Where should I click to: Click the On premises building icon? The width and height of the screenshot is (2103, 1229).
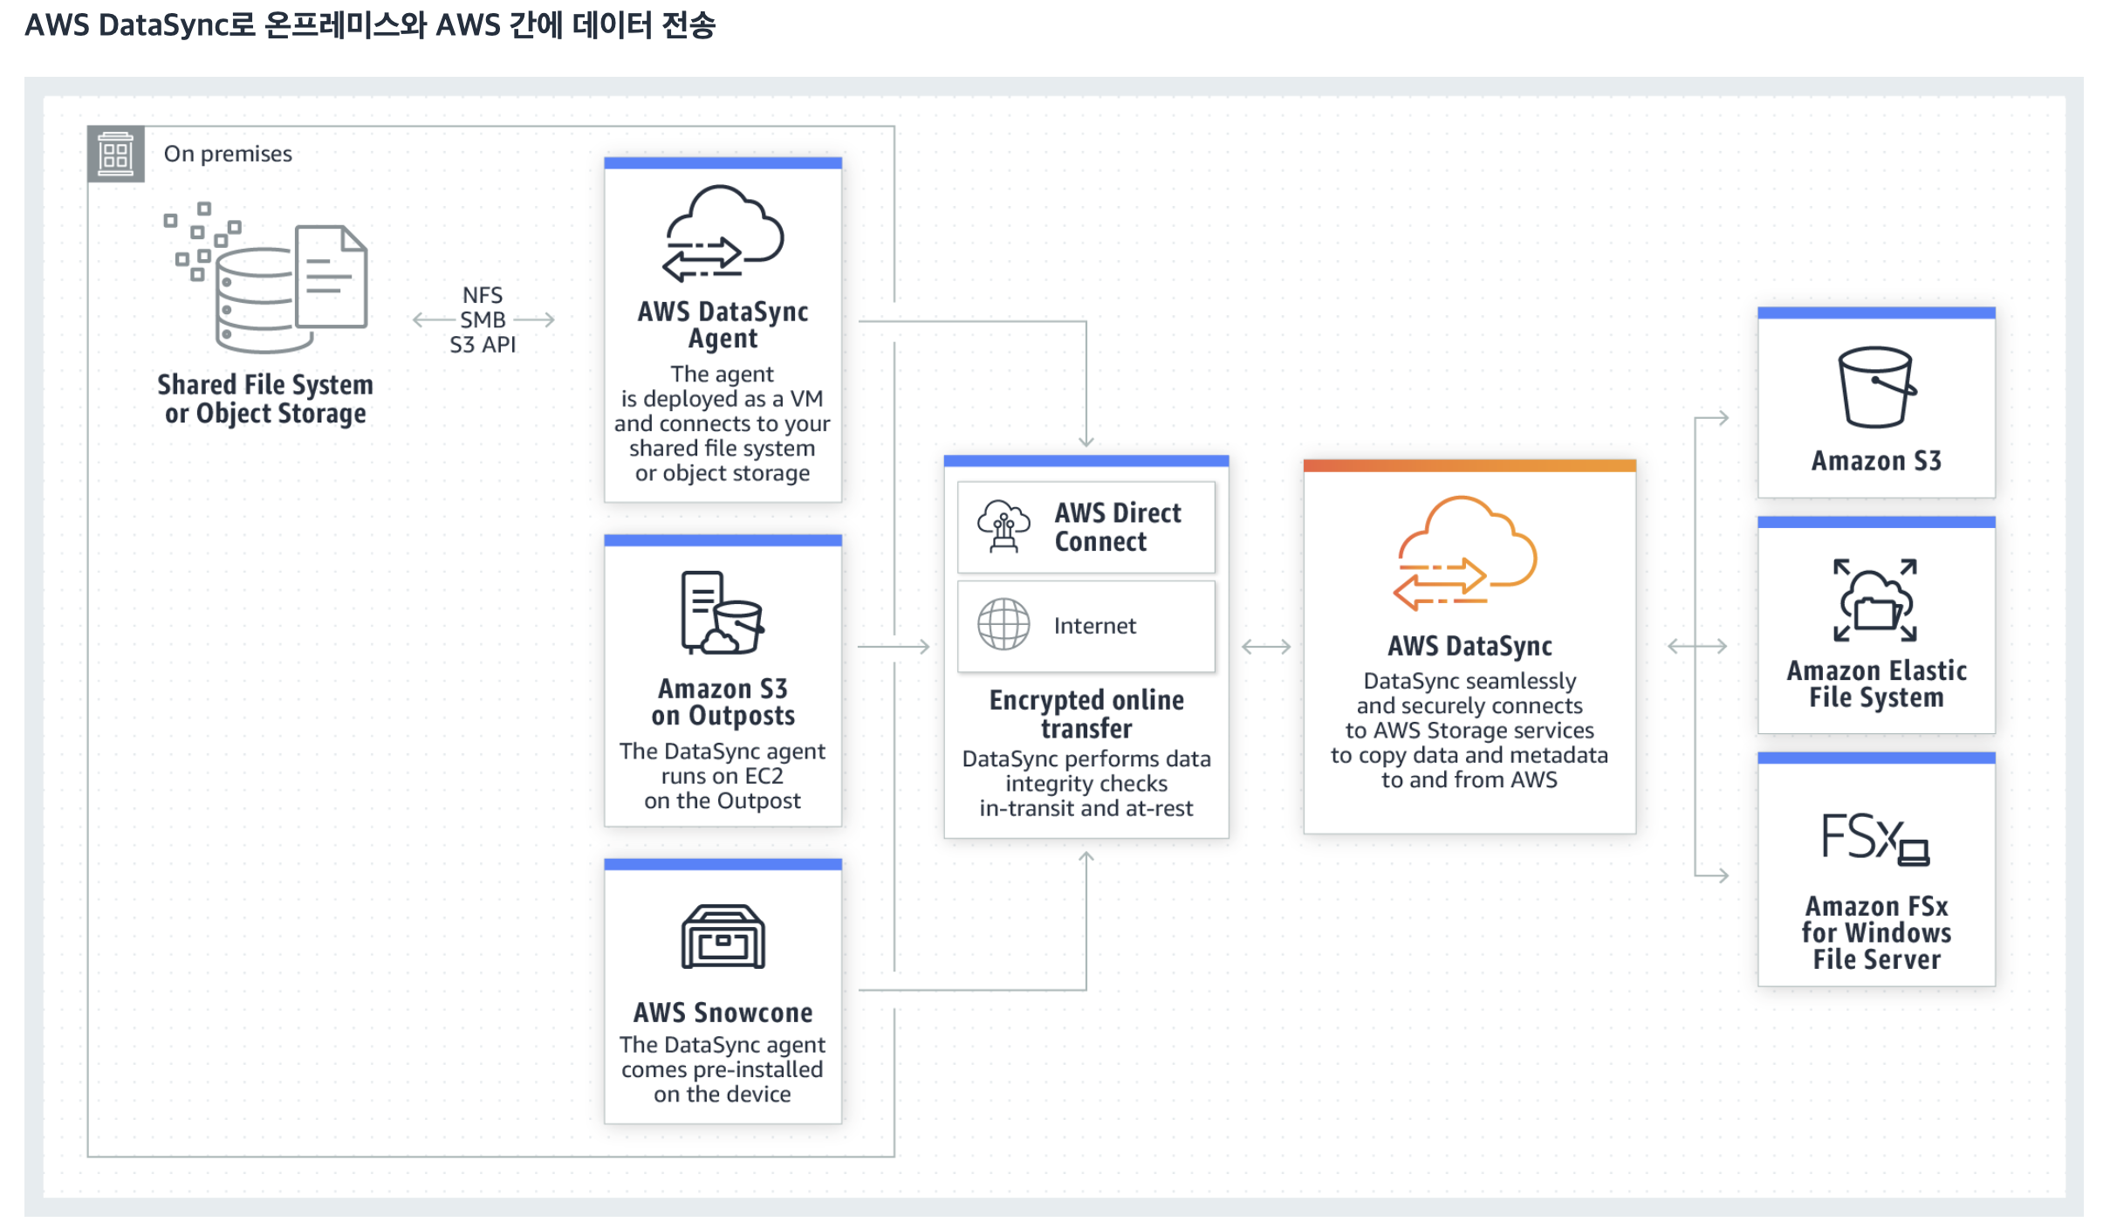point(115,154)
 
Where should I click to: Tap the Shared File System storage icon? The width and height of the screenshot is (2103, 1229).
point(266,279)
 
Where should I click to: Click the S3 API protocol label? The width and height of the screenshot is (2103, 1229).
point(483,345)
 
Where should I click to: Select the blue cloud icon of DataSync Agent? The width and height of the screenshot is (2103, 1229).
point(723,234)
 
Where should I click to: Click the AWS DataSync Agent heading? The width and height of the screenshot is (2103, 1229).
point(723,325)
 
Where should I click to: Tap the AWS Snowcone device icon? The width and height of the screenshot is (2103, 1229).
point(723,937)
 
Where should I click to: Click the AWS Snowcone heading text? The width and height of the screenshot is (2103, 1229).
point(723,1013)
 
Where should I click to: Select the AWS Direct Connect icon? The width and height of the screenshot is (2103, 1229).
point(1004,526)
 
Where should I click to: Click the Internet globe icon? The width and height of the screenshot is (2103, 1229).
point(1004,625)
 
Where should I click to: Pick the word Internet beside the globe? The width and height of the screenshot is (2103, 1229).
point(1094,626)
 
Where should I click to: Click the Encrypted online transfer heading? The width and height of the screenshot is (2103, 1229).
point(1086,714)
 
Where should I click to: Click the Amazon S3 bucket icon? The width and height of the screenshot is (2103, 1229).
point(1876,388)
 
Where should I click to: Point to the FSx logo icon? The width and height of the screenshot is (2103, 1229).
point(1876,838)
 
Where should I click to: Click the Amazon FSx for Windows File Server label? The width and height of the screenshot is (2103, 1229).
point(1876,933)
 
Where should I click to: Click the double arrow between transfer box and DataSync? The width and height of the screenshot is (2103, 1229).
point(1266,647)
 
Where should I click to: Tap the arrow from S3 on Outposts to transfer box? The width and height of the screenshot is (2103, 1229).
point(894,647)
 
